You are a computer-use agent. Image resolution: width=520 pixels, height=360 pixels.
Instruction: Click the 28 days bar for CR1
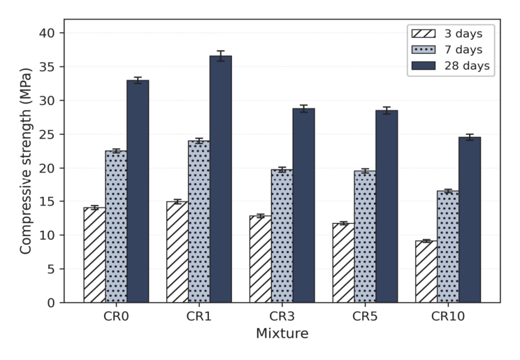(x=221, y=179)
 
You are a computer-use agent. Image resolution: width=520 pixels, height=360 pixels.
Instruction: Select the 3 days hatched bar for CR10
(x=426, y=272)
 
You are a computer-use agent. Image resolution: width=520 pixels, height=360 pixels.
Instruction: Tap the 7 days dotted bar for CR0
(x=116, y=226)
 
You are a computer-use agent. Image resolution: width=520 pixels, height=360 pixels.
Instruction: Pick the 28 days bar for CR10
(x=470, y=219)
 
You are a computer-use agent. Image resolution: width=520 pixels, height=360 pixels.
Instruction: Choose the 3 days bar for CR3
(x=260, y=259)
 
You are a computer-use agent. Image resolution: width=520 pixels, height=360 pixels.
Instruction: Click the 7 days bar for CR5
(x=365, y=237)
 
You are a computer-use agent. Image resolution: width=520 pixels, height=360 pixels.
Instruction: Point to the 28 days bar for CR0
(x=138, y=192)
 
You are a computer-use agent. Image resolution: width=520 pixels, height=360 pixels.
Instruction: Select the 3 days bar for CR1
(x=178, y=252)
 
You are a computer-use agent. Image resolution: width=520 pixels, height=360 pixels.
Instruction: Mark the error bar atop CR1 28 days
(x=221, y=56)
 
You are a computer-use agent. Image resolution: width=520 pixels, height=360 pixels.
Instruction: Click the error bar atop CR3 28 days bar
(x=304, y=108)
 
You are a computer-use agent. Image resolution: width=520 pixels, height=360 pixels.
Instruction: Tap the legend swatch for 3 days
(x=424, y=34)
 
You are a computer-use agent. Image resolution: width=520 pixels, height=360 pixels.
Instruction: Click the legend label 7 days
(x=463, y=50)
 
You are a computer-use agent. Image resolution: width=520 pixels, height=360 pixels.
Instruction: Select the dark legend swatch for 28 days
(x=424, y=66)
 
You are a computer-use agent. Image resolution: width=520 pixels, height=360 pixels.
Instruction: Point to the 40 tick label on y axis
(x=47, y=33)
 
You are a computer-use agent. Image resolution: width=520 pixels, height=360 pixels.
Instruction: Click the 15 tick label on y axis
(x=47, y=201)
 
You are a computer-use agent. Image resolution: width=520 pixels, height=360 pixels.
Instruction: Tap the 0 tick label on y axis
(x=51, y=303)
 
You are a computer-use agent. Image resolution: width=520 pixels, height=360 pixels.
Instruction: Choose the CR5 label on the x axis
(x=365, y=316)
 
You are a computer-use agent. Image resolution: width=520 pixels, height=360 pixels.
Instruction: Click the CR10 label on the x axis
(x=448, y=316)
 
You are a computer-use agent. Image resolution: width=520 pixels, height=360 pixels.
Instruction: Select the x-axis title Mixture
(x=282, y=333)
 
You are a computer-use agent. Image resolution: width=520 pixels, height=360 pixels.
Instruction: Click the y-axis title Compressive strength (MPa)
(x=26, y=161)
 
